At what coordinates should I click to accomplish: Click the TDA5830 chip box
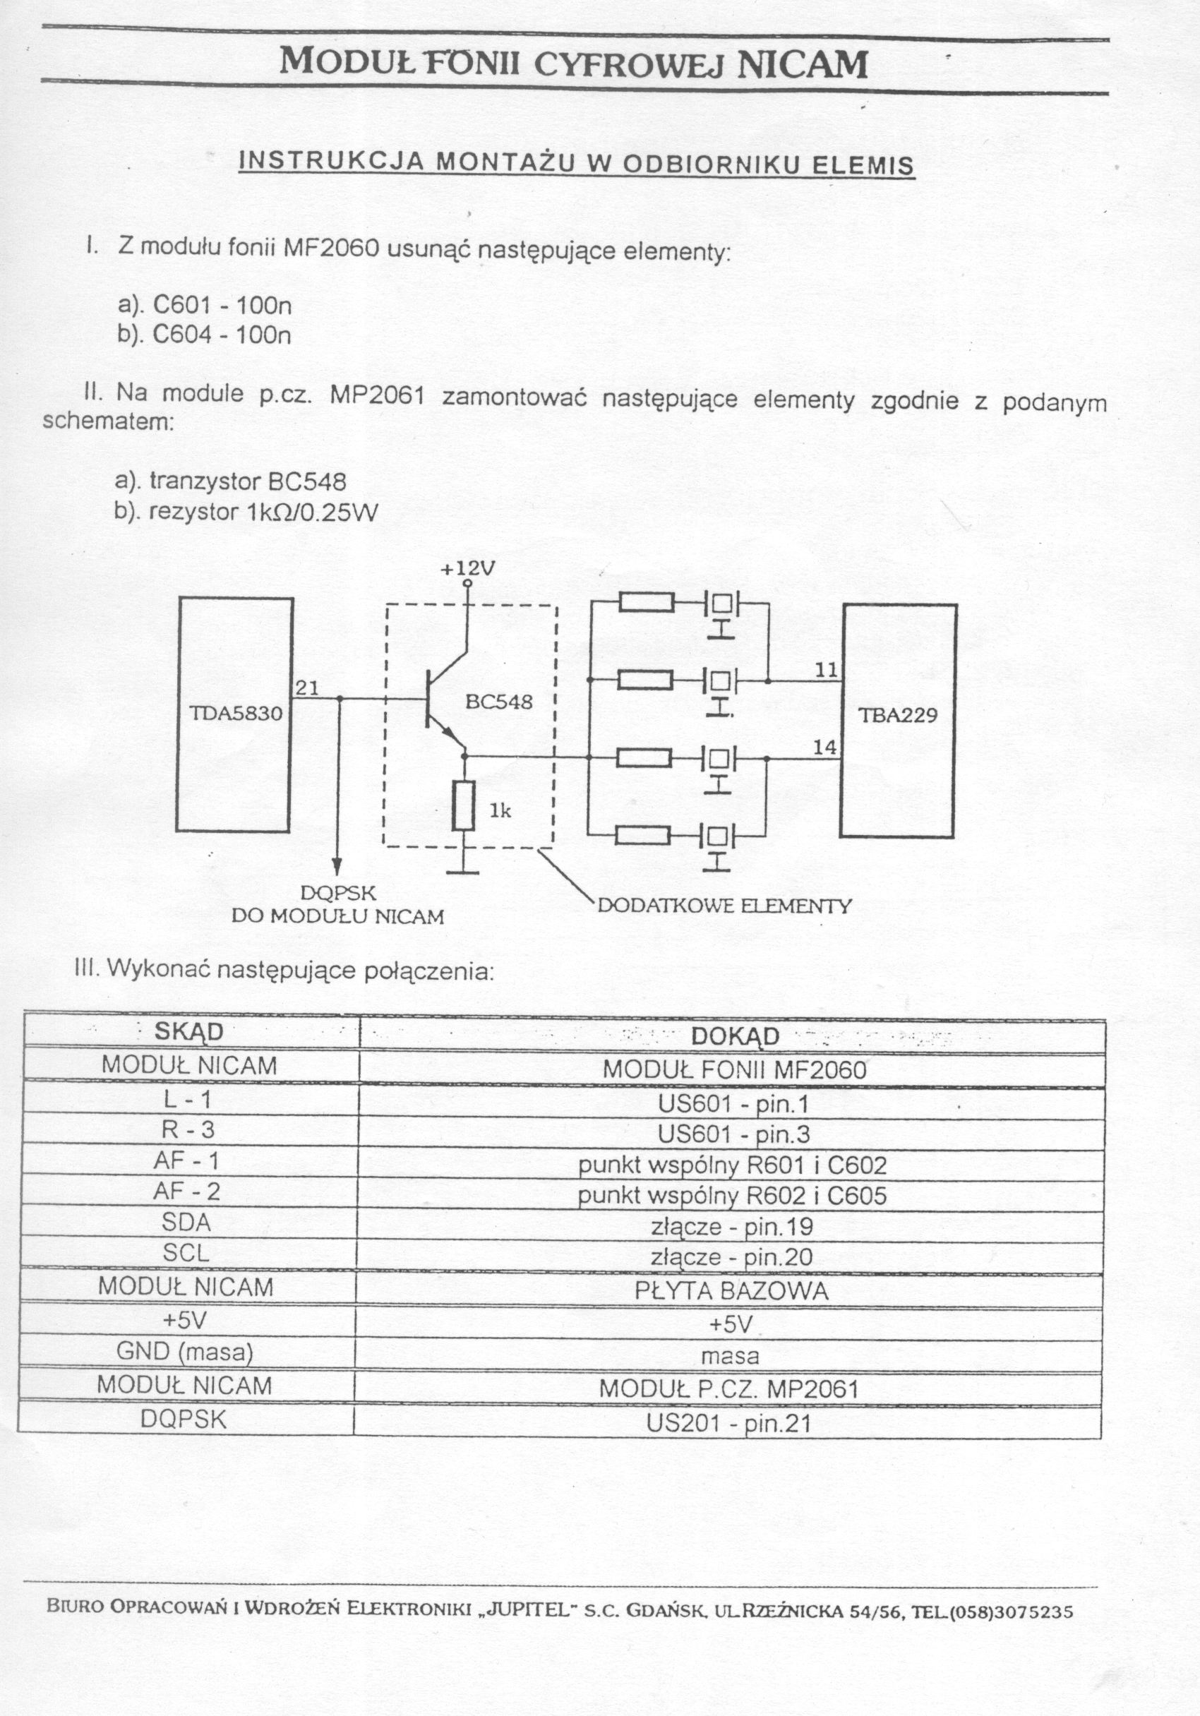[234, 714]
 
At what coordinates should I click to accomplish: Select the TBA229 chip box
[899, 721]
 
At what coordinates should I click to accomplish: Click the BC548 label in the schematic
[499, 702]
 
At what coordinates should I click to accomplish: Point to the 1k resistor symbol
[463, 805]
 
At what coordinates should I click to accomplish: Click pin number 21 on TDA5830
[307, 688]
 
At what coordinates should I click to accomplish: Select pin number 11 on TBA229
[826, 671]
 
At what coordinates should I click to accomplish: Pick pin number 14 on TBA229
[825, 747]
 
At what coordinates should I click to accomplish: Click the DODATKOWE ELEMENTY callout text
[725, 906]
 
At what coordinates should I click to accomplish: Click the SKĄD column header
[188, 1031]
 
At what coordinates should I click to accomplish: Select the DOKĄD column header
[736, 1036]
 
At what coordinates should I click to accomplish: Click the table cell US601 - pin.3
[733, 1134]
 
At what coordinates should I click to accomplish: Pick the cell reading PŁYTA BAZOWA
[731, 1292]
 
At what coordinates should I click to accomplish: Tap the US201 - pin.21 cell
[729, 1424]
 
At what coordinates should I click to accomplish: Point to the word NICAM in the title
[803, 64]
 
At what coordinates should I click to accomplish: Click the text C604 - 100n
[222, 334]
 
